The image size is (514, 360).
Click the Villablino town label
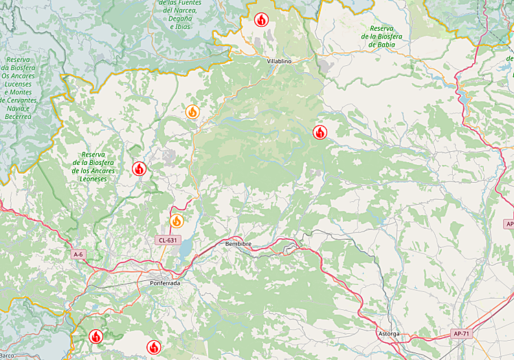tap(280, 61)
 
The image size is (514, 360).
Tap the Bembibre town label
tap(238, 244)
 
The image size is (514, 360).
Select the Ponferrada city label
tap(165, 283)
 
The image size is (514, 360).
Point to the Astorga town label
tap(388, 333)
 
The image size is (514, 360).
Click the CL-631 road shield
tap(167, 240)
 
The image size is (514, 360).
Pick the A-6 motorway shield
tap(79, 254)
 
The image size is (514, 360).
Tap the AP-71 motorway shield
tap(461, 334)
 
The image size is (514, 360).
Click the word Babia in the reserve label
tap(385, 45)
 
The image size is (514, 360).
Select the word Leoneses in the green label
tap(93, 179)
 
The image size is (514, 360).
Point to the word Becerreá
tap(19, 117)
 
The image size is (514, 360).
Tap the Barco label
tap(7, 355)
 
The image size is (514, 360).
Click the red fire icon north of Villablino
tap(261, 20)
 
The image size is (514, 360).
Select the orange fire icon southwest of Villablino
tap(192, 111)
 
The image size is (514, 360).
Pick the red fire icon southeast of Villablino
tap(320, 133)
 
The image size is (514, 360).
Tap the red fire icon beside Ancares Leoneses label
tap(139, 168)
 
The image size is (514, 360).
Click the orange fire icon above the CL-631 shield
tap(177, 221)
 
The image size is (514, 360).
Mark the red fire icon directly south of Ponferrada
tap(153, 346)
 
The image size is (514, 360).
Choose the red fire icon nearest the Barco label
tap(96, 336)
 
